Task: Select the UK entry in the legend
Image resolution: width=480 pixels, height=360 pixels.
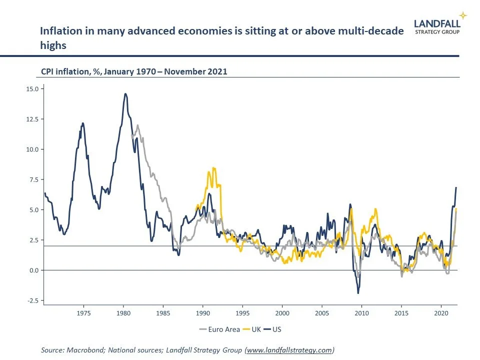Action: tap(252, 329)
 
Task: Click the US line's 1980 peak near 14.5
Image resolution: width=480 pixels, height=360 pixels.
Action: tap(125, 93)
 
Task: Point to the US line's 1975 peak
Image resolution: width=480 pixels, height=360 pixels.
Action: tap(82, 123)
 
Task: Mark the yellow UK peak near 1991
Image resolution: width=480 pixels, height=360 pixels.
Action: tap(214, 168)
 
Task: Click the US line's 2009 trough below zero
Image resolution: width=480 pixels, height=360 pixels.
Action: tap(358, 293)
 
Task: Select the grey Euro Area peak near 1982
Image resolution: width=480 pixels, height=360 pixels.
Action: tap(137, 125)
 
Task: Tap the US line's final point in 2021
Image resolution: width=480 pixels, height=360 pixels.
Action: tap(456, 187)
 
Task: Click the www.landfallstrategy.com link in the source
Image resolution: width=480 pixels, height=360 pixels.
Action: tap(289, 350)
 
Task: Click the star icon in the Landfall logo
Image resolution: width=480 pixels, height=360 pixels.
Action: tap(463, 15)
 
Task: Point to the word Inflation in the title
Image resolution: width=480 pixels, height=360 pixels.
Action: tap(58, 31)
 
